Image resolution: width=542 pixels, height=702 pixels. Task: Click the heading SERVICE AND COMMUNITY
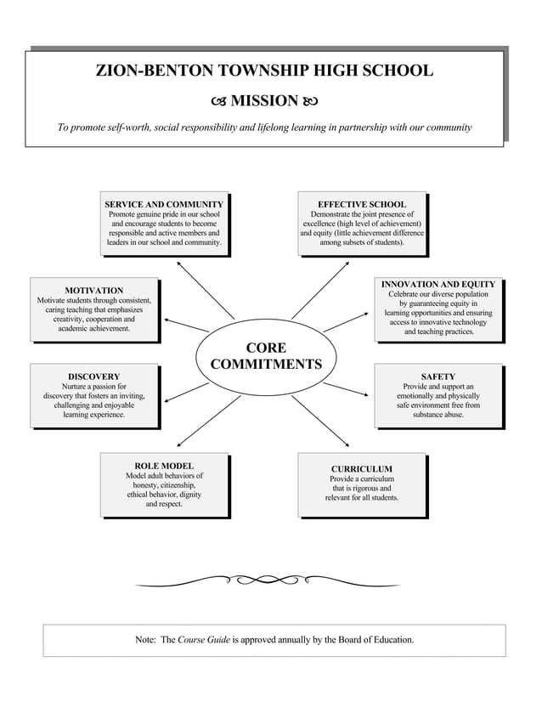tap(164, 205)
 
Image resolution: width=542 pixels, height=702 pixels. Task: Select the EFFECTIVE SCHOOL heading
tap(362, 205)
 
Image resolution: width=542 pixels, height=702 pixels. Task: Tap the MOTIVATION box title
tap(94, 291)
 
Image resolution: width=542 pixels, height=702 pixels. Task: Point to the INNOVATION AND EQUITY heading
tap(438, 285)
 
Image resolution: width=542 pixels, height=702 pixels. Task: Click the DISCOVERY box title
tap(94, 376)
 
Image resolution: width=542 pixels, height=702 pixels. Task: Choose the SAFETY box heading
tap(438, 376)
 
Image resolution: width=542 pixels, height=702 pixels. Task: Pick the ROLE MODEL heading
tap(165, 467)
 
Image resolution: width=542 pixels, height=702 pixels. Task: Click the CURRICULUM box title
tap(362, 469)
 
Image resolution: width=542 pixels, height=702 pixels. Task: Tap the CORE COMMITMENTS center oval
tap(266, 356)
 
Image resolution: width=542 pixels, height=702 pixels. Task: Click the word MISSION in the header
tap(264, 102)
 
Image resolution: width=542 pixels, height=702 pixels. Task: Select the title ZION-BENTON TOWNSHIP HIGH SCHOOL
tap(265, 71)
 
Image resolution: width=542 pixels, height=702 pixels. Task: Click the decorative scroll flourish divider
tap(266, 580)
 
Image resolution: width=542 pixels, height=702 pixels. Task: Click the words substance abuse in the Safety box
tap(438, 415)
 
